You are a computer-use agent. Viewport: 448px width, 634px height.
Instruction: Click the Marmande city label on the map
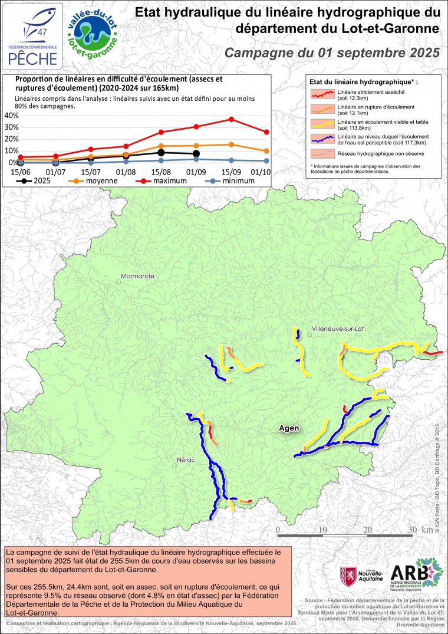pos(137,276)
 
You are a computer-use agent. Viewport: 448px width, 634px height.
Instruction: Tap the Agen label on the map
pos(288,428)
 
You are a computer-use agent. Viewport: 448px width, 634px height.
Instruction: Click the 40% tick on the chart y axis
pos(11,115)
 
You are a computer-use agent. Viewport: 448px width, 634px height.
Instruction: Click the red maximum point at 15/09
pos(232,119)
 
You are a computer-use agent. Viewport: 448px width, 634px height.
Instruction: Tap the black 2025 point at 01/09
pos(196,154)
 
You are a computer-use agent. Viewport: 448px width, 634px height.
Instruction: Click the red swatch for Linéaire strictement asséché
pos(323,93)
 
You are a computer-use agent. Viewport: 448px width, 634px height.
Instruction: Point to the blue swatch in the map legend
pos(323,138)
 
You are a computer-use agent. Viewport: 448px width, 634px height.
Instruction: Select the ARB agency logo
pos(421,574)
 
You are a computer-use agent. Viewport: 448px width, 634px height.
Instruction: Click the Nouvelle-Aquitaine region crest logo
pos(349,574)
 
